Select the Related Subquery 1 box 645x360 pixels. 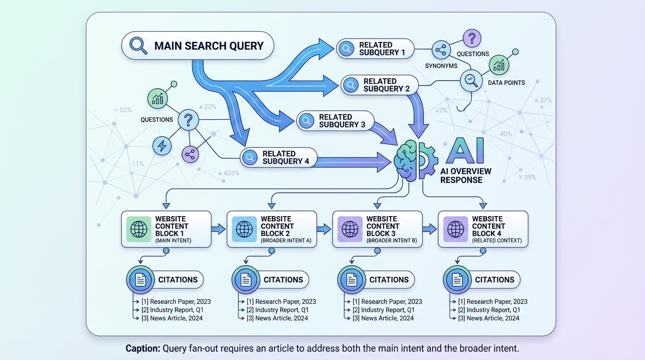376,49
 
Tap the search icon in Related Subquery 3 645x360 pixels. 307,121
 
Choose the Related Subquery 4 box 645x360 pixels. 278,157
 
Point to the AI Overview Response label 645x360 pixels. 465,176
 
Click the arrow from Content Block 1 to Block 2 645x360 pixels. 218,229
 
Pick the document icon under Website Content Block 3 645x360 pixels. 351,280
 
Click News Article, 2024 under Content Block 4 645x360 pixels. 493,318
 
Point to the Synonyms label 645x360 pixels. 441,66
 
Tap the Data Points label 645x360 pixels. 506,83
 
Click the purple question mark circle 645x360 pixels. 472,38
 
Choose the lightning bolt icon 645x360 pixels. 162,146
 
